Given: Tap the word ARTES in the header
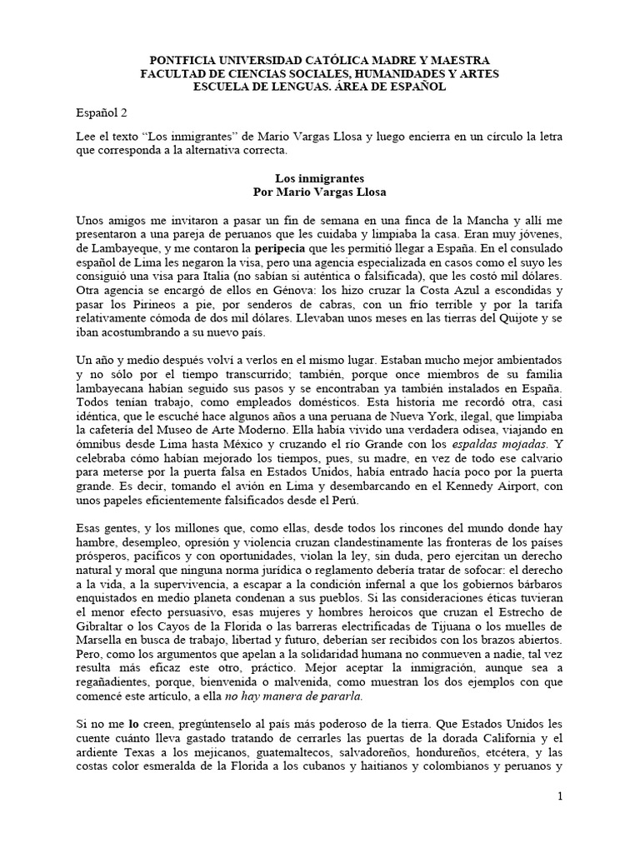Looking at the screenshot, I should [476, 73].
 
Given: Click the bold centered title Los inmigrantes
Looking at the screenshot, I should [320, 178].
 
